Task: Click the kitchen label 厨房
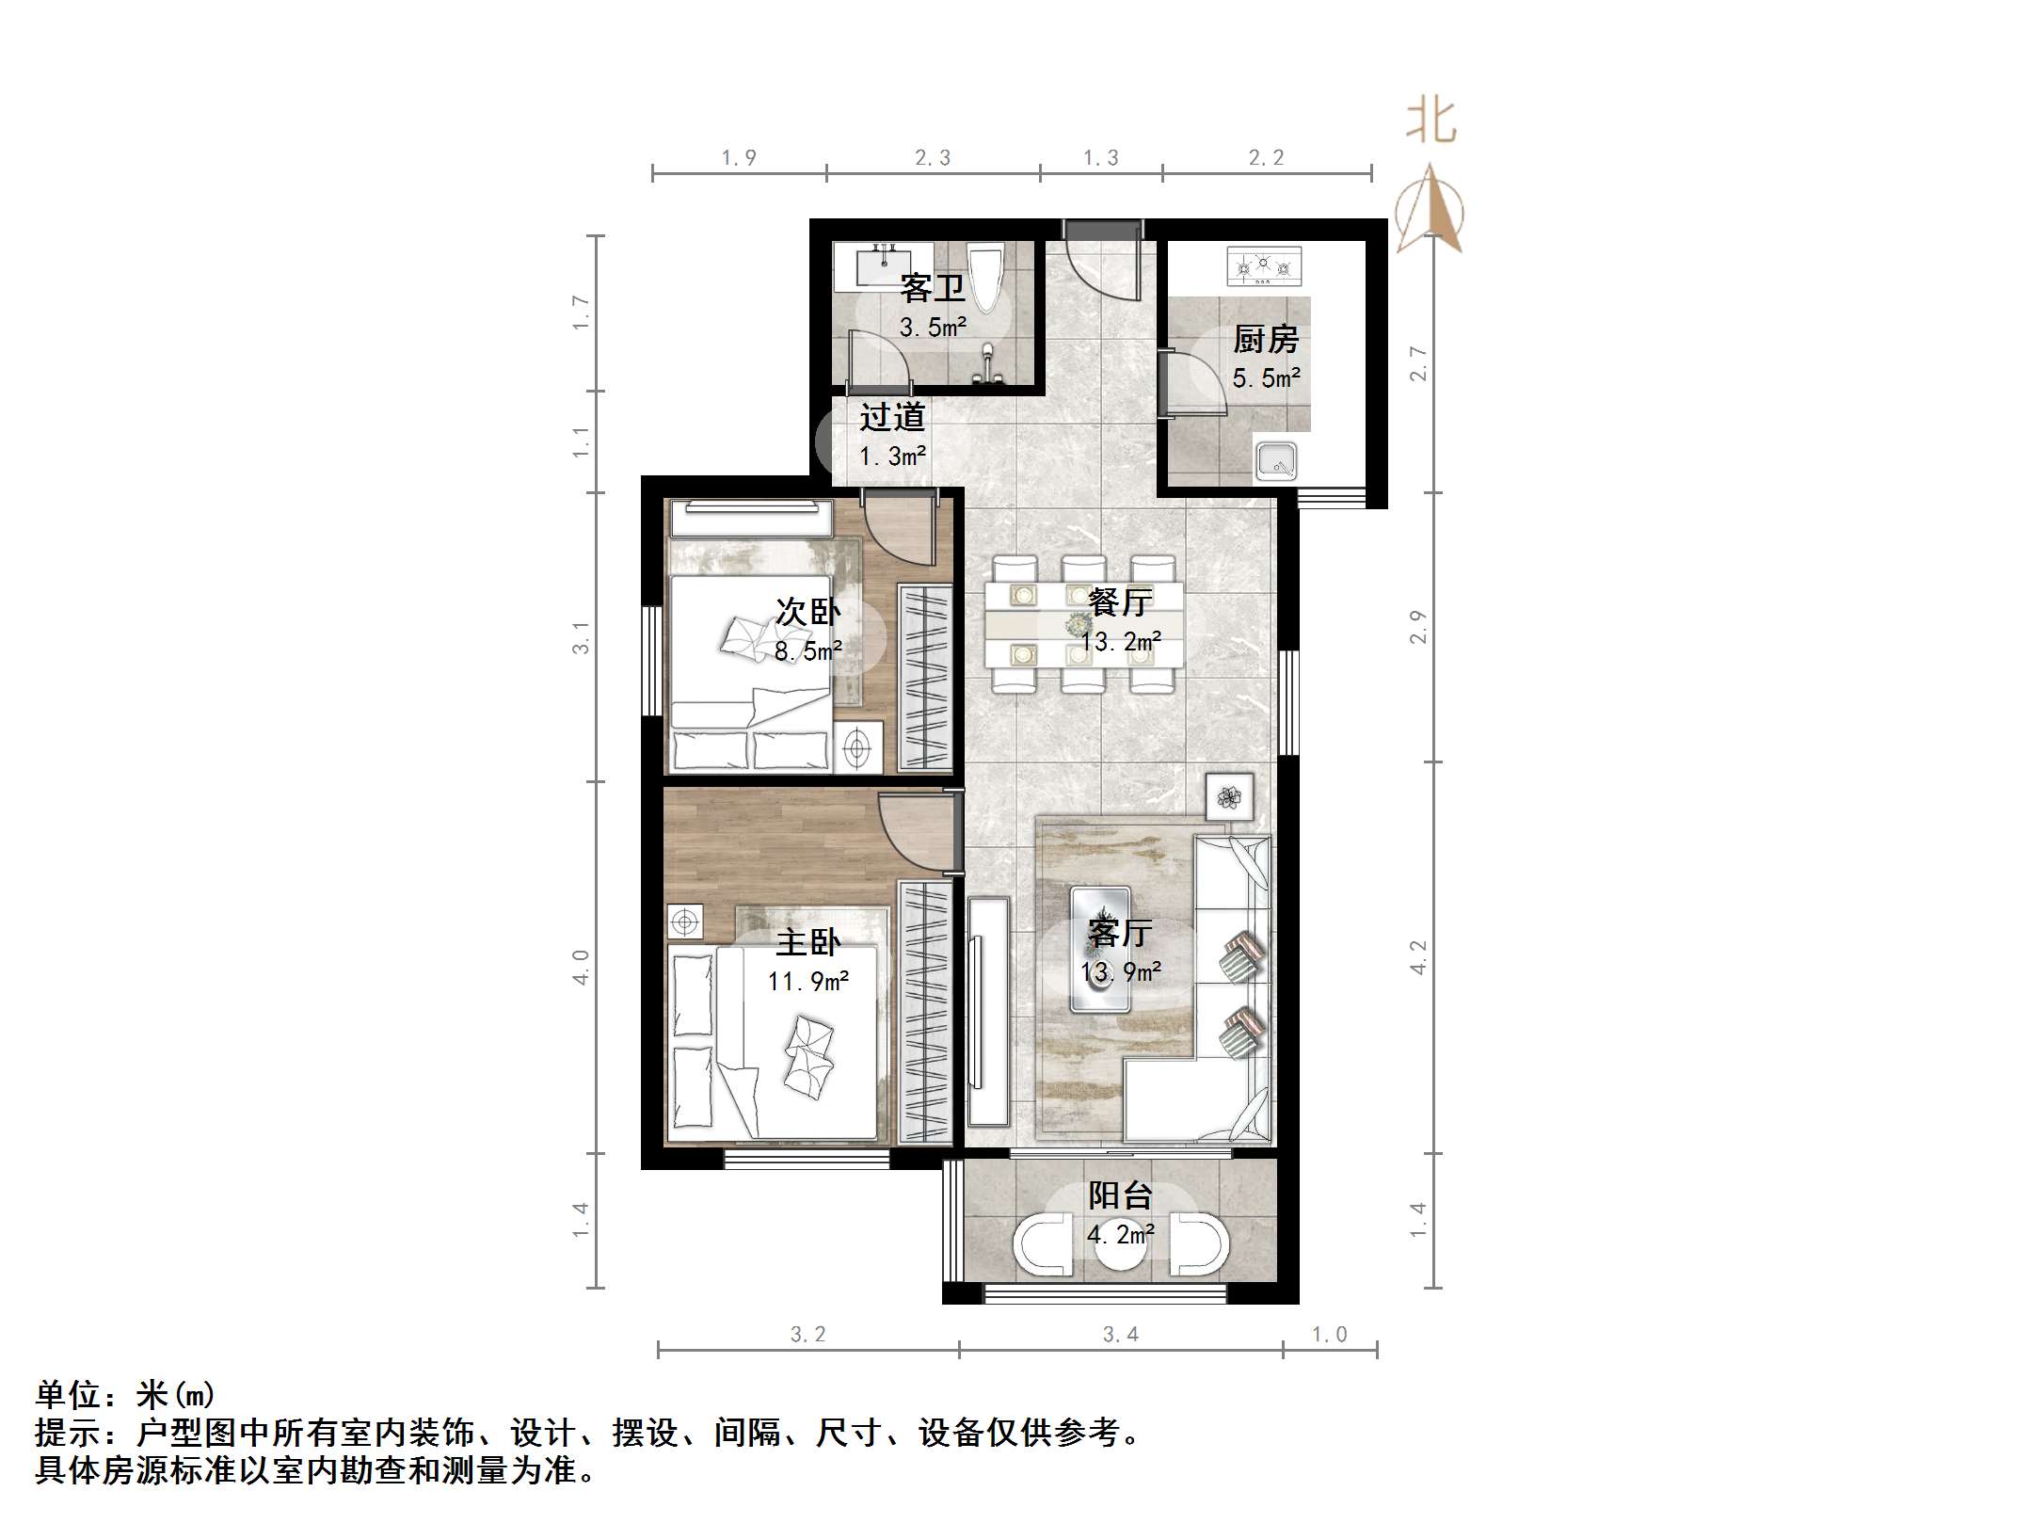point(1266,339)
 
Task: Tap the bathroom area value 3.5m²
point(933,328)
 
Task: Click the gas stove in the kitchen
point(1264,266)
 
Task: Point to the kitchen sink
point(1276,461)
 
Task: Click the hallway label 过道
point(892,417)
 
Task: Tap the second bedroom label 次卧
point(807,612)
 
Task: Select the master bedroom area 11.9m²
point(807,982)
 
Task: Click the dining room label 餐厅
point(1120,601)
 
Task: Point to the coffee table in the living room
point(1100,949)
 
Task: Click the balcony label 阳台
point(1120,1195)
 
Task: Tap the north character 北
point(1431,121)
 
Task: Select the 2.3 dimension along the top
point(933,158)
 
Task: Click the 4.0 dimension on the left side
point(581,967)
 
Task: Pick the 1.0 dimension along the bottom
point(1329,1334)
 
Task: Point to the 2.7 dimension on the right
point(1417,363)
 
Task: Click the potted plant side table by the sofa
point(1229,797)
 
